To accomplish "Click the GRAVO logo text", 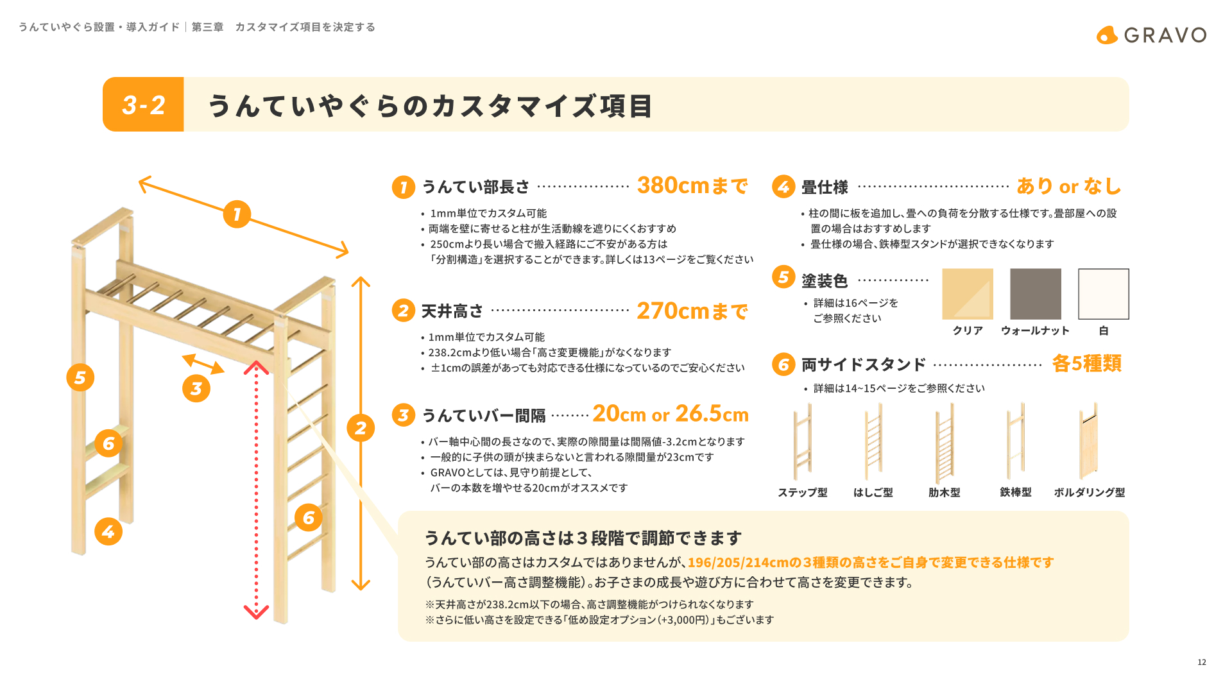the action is coord(1165,35).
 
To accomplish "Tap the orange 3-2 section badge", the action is coord(143,105).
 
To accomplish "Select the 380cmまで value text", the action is coord(692,185).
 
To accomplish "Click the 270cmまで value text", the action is coord(692,311).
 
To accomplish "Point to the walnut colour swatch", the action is coord(1036,294).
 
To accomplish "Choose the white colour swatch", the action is coord(1104,294).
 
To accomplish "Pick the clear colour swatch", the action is coord(968,294).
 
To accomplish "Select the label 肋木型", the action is coord(945,492).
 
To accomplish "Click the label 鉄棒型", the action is coord(1016,492).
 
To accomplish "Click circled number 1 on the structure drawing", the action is coord(237,214).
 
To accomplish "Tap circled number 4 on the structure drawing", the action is coord(108,531).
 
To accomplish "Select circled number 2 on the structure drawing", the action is coord(361,428).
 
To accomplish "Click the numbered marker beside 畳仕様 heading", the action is coord(783,187).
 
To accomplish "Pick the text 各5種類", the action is coord(1087,363).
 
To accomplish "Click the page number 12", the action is coord(1202,662).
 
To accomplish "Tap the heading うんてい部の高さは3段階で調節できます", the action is coord(583,538).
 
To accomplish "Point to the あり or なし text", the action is coord(1069,186).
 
